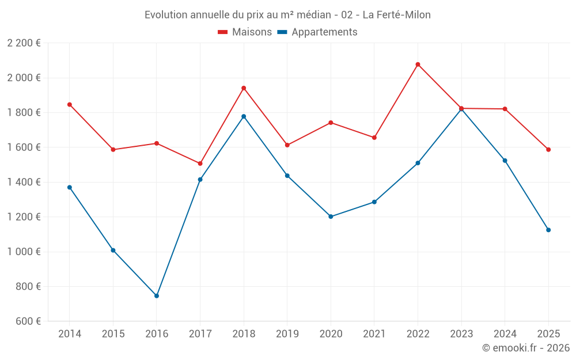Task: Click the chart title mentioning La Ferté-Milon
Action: coord(287,14)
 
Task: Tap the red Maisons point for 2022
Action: coord(418,65)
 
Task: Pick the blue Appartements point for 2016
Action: coord(157,296)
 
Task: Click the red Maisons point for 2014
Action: coord(70,105)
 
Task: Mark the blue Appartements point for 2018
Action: coord(244,116)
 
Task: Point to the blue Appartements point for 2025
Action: coord(548,230)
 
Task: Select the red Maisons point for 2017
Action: coord(200,164)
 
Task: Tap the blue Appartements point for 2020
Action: coord(331,217)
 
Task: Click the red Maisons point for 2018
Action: coord(244,88)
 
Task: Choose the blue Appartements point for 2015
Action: coord(113,250)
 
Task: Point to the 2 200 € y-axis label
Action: coord(24,43)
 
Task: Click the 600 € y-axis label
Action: coord(28,321)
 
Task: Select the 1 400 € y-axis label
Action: coord(24,182)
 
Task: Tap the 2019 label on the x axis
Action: coord(287,334)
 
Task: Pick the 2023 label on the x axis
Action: coord(461,334)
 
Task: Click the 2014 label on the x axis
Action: coord(70,334)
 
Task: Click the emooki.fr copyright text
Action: coord(525,348)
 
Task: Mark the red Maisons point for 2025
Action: coord(548,150)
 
